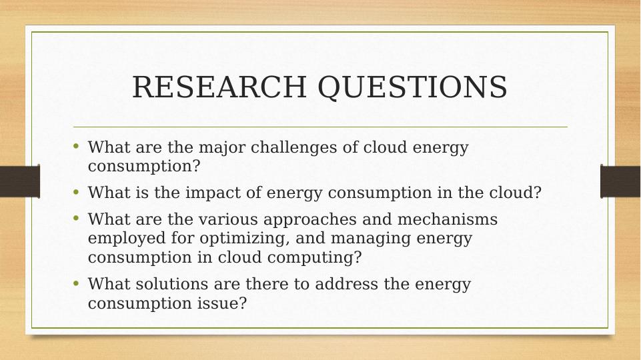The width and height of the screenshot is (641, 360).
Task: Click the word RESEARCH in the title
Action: [219, 87]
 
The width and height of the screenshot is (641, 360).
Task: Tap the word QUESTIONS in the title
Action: [412, 88]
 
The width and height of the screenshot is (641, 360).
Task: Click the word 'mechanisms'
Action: [447, 219]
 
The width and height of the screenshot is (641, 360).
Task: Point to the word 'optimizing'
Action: [245, 239]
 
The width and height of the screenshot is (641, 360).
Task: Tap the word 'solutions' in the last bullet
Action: [171, 284]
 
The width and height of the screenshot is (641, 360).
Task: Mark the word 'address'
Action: [346, 284]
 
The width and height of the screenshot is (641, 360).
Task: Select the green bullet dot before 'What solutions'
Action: [75, 283]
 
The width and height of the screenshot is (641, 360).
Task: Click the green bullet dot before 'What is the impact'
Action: [75, 191]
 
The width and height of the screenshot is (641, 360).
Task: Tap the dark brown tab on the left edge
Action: [20, 181]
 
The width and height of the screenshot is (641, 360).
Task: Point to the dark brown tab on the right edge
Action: [620, 181]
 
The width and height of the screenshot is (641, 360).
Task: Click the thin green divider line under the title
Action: [320, 127]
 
